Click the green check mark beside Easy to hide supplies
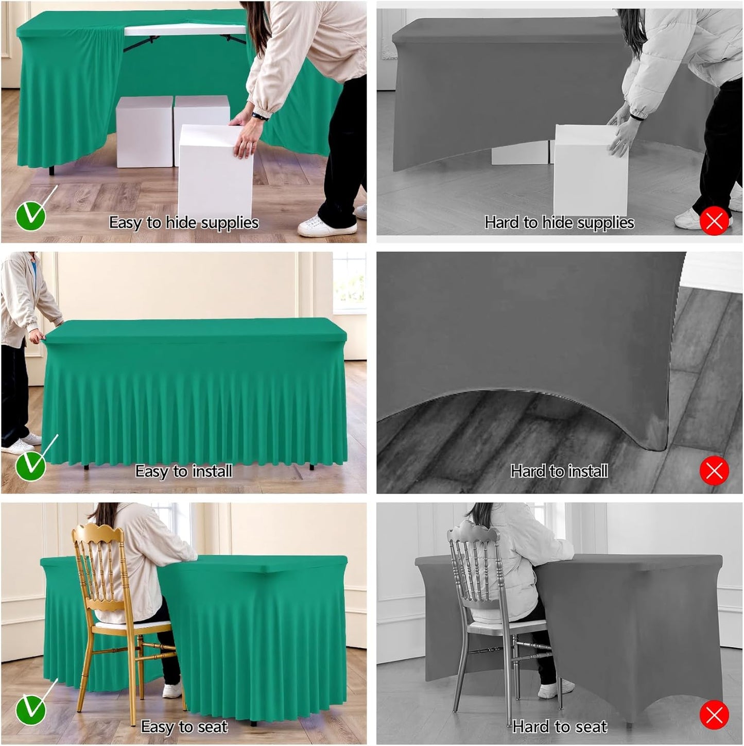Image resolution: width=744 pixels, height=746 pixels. [30, 216]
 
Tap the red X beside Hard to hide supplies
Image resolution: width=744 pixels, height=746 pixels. [714, 221]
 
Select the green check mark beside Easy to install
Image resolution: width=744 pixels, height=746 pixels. [30, 466]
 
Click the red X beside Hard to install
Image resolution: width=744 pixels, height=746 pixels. [714, 470]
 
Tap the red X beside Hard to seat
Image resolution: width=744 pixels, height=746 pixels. [714, 715]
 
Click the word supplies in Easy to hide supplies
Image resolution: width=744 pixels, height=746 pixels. [230, 223]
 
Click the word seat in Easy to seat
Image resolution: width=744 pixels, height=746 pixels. [212, 726]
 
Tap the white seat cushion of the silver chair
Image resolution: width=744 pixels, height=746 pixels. [507, 624]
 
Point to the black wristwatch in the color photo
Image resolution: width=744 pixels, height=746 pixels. [259, 117]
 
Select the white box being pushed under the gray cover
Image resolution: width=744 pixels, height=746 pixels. [590, 170]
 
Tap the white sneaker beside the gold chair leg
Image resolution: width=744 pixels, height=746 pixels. [172, 690]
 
